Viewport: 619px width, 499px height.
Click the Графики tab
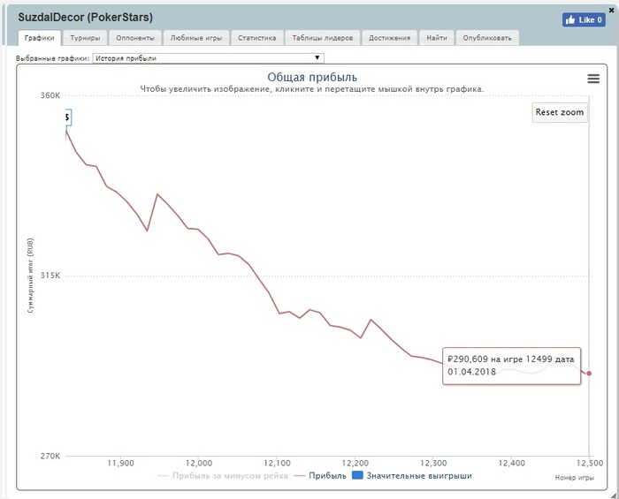39,38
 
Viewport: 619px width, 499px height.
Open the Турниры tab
86,38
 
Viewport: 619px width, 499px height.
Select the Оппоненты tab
136,38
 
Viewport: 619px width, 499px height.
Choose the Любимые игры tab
195,38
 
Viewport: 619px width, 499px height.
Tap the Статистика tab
257,38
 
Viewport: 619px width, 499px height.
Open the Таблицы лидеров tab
323,38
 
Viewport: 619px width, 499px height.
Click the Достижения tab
390,38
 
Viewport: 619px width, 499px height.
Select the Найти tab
436,38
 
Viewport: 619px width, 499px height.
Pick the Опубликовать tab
487,38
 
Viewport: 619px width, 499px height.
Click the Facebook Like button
583,19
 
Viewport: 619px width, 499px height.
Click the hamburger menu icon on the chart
593,79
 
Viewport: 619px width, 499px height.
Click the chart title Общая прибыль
312,78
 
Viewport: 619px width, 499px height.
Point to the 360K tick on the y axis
48,95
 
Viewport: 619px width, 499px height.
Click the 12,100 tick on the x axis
277,463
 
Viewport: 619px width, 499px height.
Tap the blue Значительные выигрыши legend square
357,476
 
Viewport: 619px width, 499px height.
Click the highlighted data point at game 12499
589,373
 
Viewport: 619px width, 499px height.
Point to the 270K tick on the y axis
48,457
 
